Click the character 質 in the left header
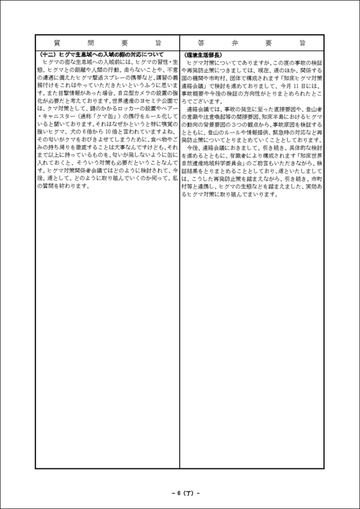(56, 43)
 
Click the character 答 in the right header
(200, 43)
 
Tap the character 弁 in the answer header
(234, 43)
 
